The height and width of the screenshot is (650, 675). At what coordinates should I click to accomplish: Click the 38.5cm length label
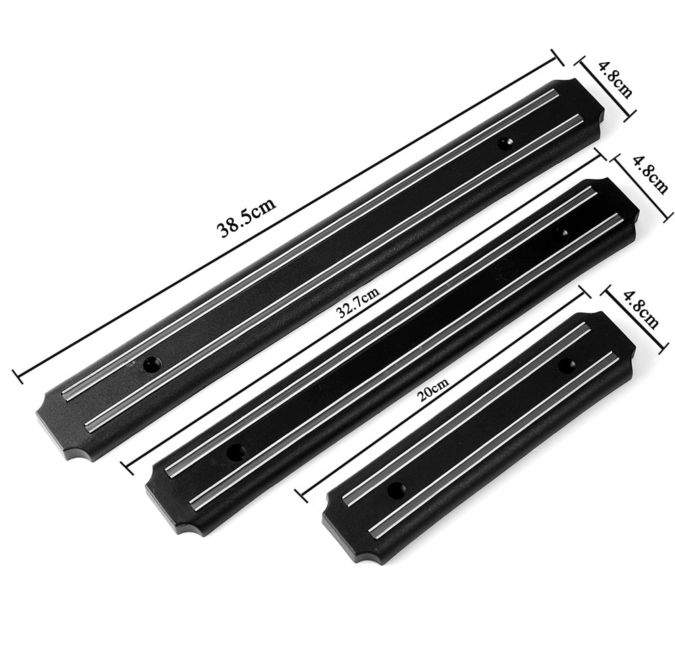[246, 217]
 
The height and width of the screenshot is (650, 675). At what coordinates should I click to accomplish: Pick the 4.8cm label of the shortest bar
[640, 308]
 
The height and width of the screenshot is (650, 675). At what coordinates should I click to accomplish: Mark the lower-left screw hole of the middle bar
[236, 452]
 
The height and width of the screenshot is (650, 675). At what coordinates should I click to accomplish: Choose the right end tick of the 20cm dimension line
[585, 292]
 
